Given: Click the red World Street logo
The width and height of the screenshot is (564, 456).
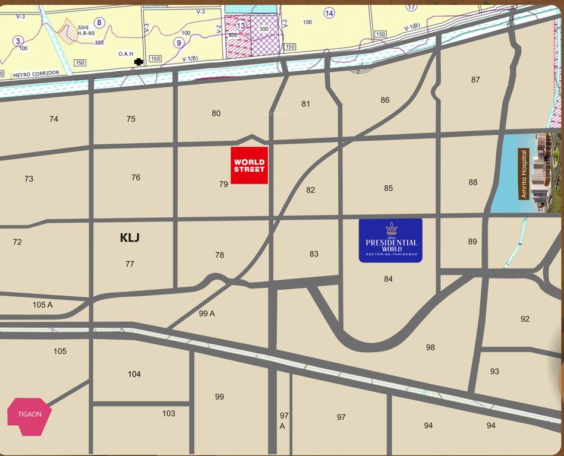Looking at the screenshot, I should tap(249, 165).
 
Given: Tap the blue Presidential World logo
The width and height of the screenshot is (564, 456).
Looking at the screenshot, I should tap(390, 240).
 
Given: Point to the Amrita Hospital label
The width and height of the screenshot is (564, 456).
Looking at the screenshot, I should tap(524, 174).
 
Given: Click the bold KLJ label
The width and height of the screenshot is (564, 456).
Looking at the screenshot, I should tap(130, 237).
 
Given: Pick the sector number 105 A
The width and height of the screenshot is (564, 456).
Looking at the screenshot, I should tap(43, 305).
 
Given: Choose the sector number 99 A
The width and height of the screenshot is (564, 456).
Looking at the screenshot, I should tap(207, 313).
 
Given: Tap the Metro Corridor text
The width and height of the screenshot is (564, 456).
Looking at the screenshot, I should tap(36, 73).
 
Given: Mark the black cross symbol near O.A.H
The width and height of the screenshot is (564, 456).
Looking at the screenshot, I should tap(139, 61).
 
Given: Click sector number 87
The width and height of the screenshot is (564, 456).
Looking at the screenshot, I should tap(475, 80).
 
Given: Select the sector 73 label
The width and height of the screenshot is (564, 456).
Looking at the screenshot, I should tap(29, 179).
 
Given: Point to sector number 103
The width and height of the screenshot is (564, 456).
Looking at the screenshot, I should tap(169, 413).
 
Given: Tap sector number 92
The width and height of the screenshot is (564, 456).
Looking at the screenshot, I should tap(525, 319).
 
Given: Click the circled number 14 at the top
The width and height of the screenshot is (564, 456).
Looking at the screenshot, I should tap(329, 13).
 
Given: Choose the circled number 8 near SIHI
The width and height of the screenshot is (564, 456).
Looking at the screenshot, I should tap(99, 23).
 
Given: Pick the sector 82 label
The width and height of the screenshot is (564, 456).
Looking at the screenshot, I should tap(310, 190).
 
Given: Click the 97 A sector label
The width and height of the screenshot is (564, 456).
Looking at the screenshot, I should tap(283, 421).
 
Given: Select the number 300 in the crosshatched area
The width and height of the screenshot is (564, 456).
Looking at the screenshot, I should tap(264, 28).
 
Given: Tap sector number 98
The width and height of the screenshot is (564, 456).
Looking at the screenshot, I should tap(430, 347).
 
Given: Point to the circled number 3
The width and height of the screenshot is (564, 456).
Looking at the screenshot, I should tap(18, 40).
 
